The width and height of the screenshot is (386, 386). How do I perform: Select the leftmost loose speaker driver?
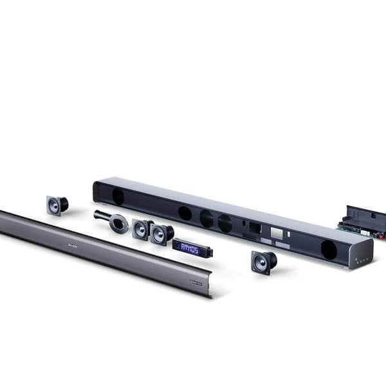point(56,205)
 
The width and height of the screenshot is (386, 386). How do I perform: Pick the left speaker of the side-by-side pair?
point(142,228)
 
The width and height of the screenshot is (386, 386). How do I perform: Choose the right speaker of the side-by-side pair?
point(161,234)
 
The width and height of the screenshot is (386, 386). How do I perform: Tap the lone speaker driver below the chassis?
point(264,261)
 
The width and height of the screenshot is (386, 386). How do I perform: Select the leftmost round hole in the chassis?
point(118,196)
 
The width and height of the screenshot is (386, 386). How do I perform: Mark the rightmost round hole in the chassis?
point(329,250)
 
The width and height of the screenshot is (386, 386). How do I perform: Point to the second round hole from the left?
point(185,213)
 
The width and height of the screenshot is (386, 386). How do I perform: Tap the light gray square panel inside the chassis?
point(276,232)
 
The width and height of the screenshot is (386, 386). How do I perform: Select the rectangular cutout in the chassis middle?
point(250,226)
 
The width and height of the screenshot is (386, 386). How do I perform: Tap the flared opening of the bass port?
point(118,223)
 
